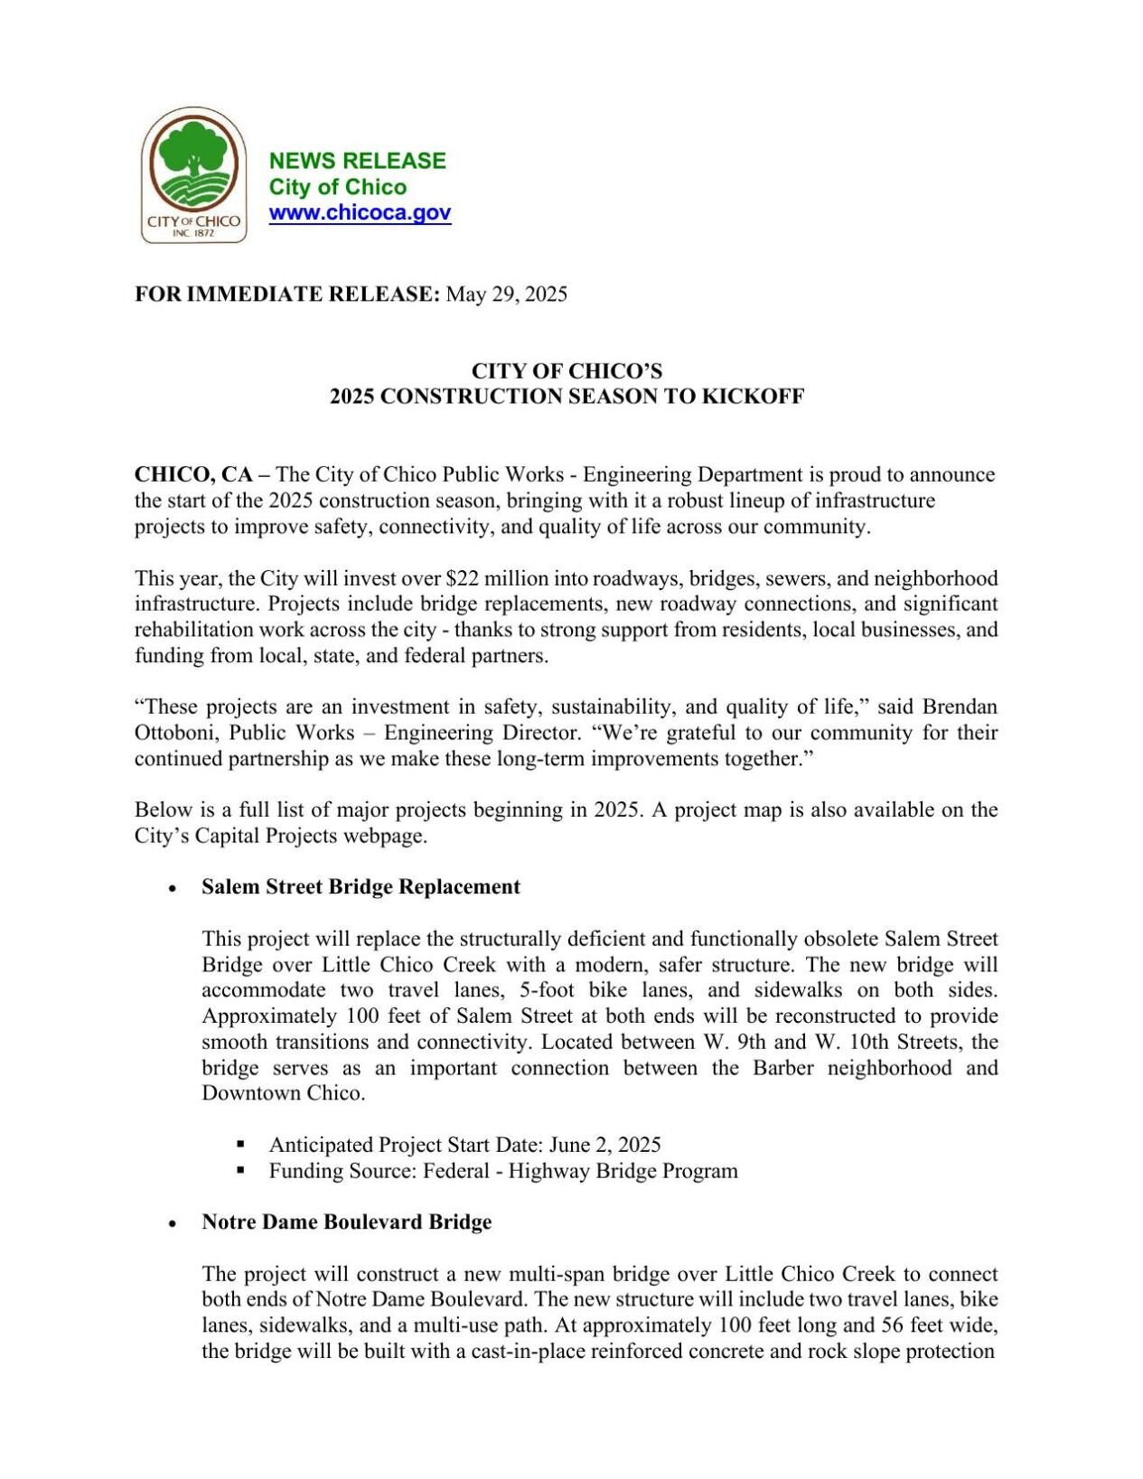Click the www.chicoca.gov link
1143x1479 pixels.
point(360,213)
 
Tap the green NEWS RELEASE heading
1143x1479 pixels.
point(357,161)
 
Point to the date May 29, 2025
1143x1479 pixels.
point(507,295)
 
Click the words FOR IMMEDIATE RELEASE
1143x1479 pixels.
point(286,295)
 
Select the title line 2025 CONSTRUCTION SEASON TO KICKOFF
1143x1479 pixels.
point(567,397)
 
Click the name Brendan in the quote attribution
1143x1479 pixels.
point(960,707)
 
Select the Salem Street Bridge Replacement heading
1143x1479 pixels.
point(361,887)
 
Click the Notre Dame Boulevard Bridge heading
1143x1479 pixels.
point(346,1222)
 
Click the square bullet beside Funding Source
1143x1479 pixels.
point(241,1170)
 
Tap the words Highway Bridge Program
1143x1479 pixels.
point(623,1172)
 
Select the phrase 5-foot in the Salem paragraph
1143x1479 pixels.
point(548,990)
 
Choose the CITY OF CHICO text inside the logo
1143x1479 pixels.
point(193,221)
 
